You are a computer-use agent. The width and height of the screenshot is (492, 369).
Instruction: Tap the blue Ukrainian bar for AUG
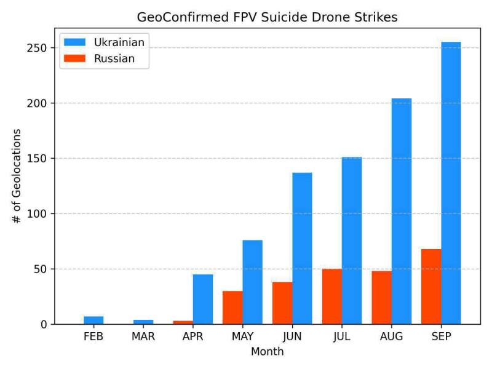(x=402, y=212)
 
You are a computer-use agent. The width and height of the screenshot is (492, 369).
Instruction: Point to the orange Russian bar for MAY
(x=232, y=307)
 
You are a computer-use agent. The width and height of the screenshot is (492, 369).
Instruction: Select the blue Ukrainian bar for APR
(x=203, y=299)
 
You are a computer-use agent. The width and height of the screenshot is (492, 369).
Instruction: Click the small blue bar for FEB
(x=93, y=320)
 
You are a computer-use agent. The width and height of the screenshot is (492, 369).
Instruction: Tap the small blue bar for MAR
(x=143, y=322)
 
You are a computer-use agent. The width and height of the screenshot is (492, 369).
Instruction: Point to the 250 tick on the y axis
(x=39, y=48)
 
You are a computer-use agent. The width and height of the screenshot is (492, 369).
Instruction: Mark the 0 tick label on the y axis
(x=44, y=325)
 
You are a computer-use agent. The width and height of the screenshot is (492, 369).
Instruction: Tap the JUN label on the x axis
(x=292, y=337)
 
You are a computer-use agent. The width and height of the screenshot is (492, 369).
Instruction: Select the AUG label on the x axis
(x=392, y=337)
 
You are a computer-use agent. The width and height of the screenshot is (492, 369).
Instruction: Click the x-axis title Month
(x=268, y=352)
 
